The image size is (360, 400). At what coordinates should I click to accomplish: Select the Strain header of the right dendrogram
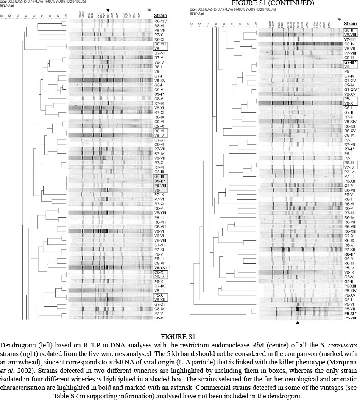(350, 24)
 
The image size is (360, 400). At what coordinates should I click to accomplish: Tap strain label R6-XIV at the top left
(160, 21)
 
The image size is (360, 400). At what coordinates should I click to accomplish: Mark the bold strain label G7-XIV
(351, 90)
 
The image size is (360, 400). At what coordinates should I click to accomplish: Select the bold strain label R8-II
(350, 254)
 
